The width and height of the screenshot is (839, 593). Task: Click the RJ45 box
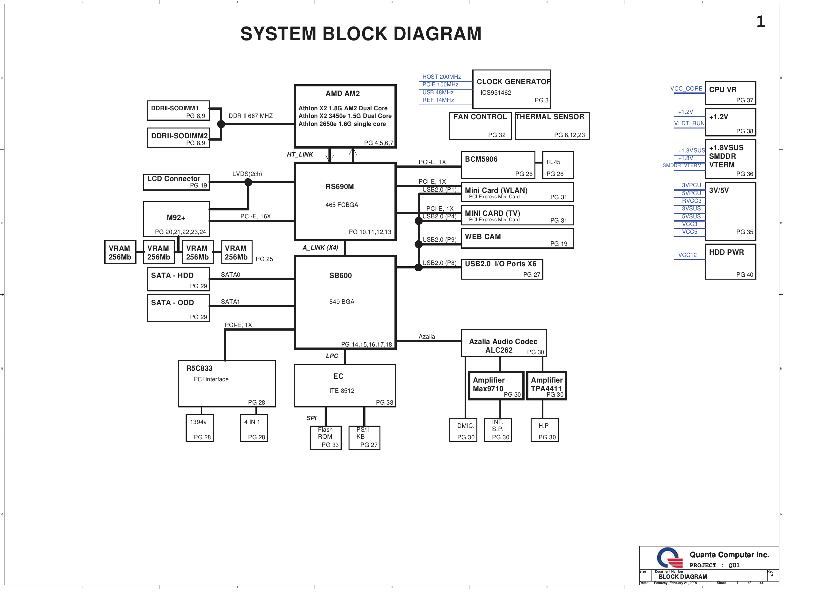(558, 165)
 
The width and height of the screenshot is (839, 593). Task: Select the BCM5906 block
(498, 165)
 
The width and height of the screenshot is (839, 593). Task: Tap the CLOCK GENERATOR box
(511, 89)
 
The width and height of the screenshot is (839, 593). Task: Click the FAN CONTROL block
(480, 126)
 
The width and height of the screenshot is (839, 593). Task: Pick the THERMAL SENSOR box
(552, 126)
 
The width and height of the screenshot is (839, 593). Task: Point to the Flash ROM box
(325, 437)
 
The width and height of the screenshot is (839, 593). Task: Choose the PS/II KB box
(364, 437)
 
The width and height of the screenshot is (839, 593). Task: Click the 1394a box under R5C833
(200, 428)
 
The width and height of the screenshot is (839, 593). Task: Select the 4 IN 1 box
(254, 428)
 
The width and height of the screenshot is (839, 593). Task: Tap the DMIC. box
(463, 430)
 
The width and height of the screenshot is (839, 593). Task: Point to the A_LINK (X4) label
(320, 248)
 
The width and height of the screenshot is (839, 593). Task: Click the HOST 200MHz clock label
(441, 77)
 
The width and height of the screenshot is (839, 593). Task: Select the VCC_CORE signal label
(686, 89)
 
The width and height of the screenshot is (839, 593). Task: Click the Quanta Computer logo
(669, 558)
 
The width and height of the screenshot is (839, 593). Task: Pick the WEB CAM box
(517, 238)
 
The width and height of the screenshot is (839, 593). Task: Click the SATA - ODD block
(178, 308)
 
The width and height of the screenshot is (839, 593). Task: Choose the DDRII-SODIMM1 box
(178, 110)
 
